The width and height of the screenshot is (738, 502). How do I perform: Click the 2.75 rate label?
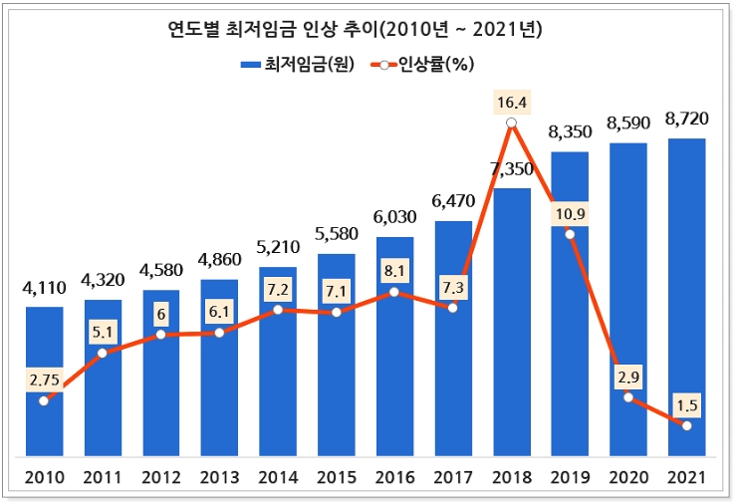tap(44, 378)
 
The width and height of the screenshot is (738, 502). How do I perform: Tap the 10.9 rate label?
tap(570, 213)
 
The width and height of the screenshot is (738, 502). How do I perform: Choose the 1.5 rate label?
tap(687, 404)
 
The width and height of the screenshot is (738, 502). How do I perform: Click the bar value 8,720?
tap(687, 119)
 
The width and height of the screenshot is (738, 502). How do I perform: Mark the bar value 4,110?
tap(44, 288)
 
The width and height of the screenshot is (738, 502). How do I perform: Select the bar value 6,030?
tap(394, 217)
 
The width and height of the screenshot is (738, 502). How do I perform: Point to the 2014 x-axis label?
tap(278, 476)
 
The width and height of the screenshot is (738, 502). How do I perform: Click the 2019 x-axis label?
tap(570, 476)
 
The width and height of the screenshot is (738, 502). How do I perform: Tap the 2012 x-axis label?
tap(160, 476)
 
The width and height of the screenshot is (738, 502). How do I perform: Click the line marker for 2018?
tap(512, 124)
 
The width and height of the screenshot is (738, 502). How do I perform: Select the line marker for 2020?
tap(628, 397)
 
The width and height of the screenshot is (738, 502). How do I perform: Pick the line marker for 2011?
tap(103, 353)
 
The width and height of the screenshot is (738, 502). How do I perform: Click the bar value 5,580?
tap(337, 234)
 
